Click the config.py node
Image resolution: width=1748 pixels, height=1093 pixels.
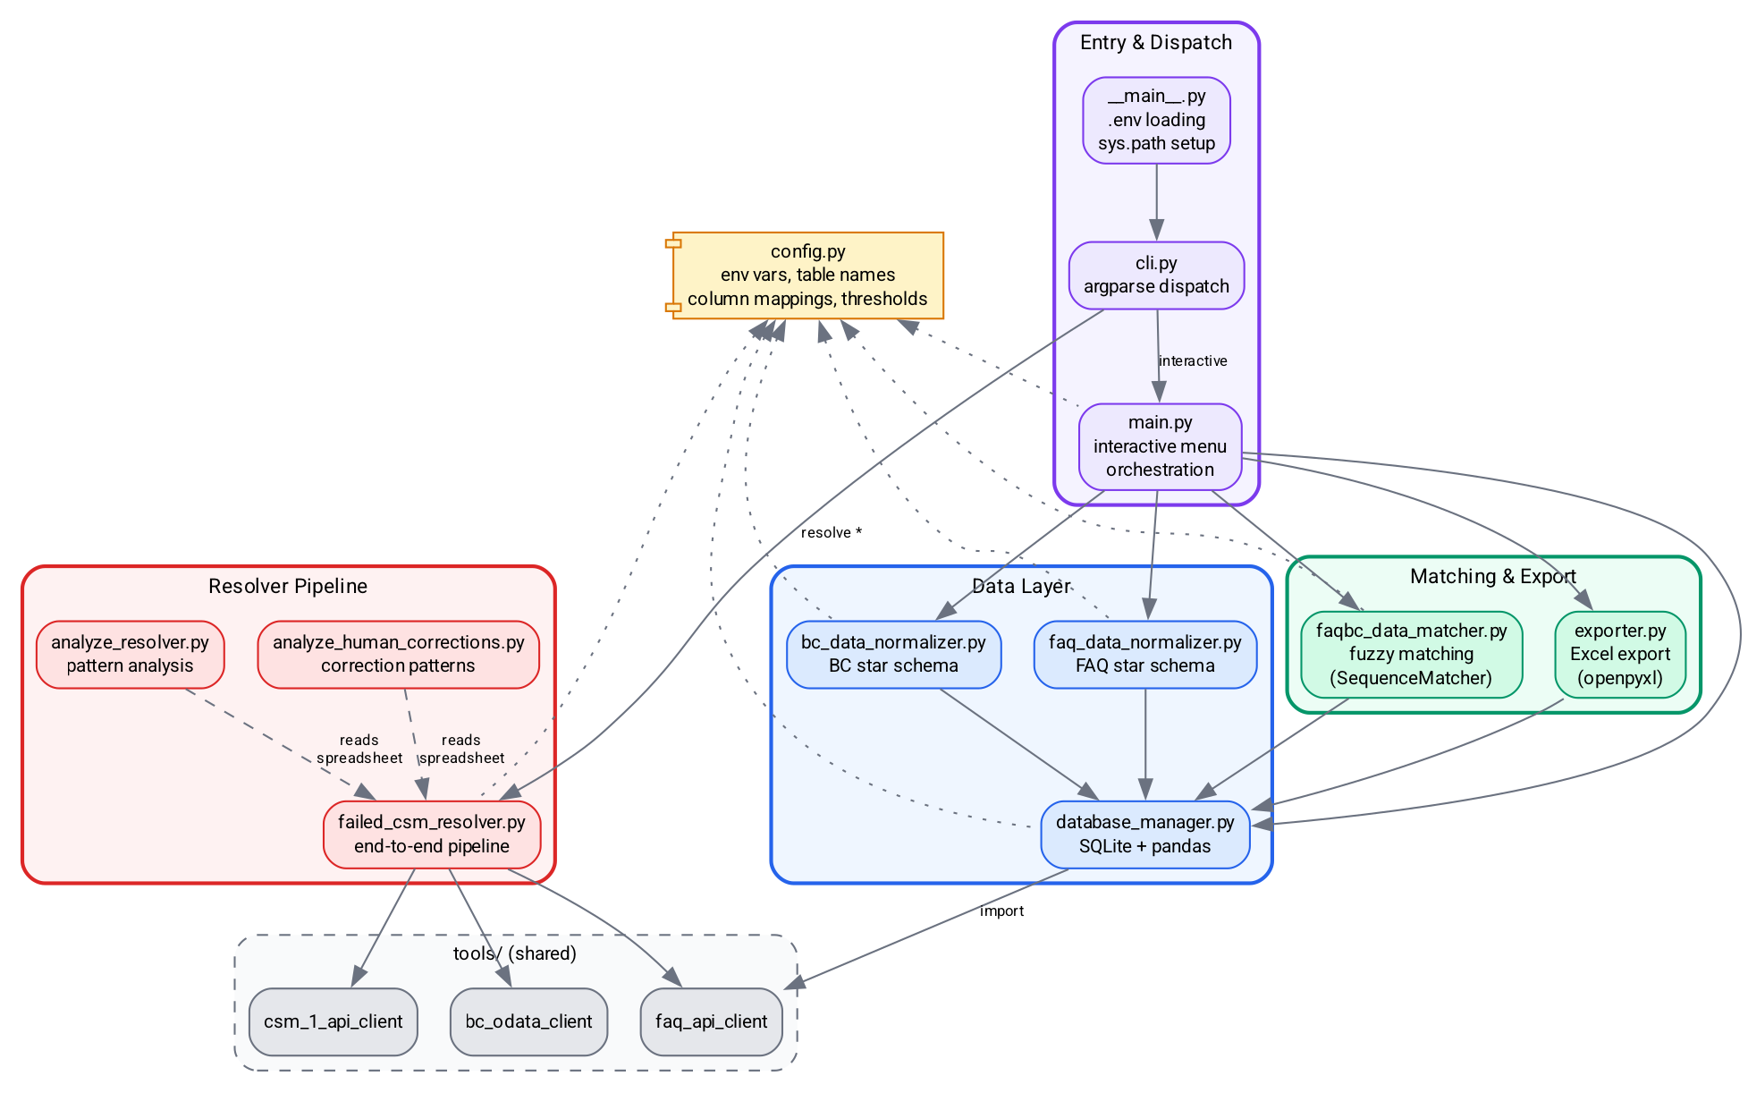pos(807,275)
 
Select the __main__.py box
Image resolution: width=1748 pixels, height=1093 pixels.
pos(1156,120)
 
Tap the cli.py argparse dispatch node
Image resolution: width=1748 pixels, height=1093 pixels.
pos(1156,275)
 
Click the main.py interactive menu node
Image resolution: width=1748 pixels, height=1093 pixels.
pos(1160,446)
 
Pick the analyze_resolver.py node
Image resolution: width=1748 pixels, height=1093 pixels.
pos(130,655)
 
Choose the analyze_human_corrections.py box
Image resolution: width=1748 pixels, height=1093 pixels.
pos(398,655)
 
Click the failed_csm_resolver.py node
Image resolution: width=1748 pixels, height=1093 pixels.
pos(431,835)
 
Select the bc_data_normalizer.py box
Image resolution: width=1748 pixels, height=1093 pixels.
pos(893,655)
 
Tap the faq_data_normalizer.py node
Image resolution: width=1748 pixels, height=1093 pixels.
pos(1144,655)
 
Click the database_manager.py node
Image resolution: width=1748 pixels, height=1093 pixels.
pos(1144,835)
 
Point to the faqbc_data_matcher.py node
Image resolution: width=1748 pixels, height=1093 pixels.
pos(1411,655)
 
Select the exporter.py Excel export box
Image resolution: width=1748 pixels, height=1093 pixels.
pos(1619,655)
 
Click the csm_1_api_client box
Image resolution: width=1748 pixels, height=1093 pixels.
pos(333,1021)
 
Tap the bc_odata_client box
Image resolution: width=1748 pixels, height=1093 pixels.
pos(528,1021)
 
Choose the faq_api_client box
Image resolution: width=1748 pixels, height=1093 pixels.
pos(711,1021)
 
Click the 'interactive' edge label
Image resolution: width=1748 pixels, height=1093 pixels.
pos(1193,361)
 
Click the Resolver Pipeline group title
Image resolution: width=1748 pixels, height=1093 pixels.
pos(288,587)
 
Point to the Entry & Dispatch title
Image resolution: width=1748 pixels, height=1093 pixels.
pos(1155,43)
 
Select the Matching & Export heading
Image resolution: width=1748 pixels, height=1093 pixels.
pos(1492,577)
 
